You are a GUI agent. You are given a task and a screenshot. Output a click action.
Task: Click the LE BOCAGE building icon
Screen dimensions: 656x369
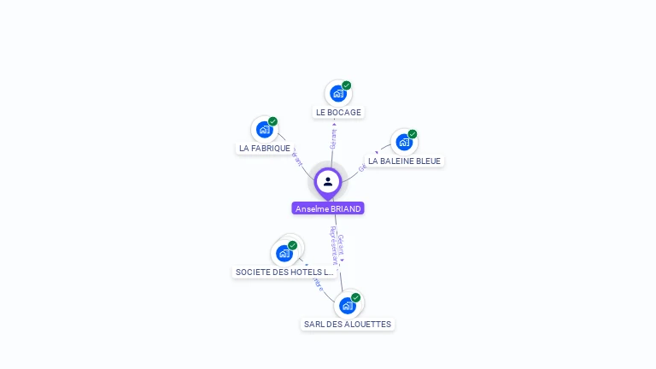point(338,93)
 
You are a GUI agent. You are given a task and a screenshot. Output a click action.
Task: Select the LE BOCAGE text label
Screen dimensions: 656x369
point(338,112)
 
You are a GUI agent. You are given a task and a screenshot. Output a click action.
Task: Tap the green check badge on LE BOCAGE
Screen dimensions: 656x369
point(347,85)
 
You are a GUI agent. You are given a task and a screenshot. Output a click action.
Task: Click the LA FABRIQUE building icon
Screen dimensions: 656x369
point(264,130)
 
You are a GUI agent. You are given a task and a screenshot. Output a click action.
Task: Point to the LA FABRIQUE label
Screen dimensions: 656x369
point(265,148)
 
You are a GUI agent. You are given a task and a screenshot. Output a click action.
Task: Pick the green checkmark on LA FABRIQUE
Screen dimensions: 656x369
point(272,122)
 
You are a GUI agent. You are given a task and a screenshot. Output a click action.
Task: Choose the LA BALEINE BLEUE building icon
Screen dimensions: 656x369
point(403,142)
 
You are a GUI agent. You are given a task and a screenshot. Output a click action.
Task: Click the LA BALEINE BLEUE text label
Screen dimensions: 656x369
point(405,161)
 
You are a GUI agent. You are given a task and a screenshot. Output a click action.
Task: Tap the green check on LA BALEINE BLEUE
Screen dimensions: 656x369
point(412,134)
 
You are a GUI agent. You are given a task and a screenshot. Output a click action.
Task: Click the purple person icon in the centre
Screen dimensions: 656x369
point(328,181)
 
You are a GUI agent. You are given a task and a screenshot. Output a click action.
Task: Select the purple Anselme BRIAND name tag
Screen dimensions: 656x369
point(328,208)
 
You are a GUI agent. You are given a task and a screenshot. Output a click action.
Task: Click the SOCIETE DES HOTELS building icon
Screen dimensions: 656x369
point(284,254)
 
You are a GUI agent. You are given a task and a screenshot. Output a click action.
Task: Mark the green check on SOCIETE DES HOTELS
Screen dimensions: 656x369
point(292,246)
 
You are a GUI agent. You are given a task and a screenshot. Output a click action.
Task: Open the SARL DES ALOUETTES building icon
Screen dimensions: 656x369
point(347,305)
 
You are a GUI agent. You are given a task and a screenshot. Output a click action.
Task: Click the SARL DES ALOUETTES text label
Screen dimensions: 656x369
point(348,324)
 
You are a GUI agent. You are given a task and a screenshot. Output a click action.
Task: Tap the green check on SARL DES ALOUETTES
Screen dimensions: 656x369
point(355,298)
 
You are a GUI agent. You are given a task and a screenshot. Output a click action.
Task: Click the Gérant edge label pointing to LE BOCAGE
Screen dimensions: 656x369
point(334,135)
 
